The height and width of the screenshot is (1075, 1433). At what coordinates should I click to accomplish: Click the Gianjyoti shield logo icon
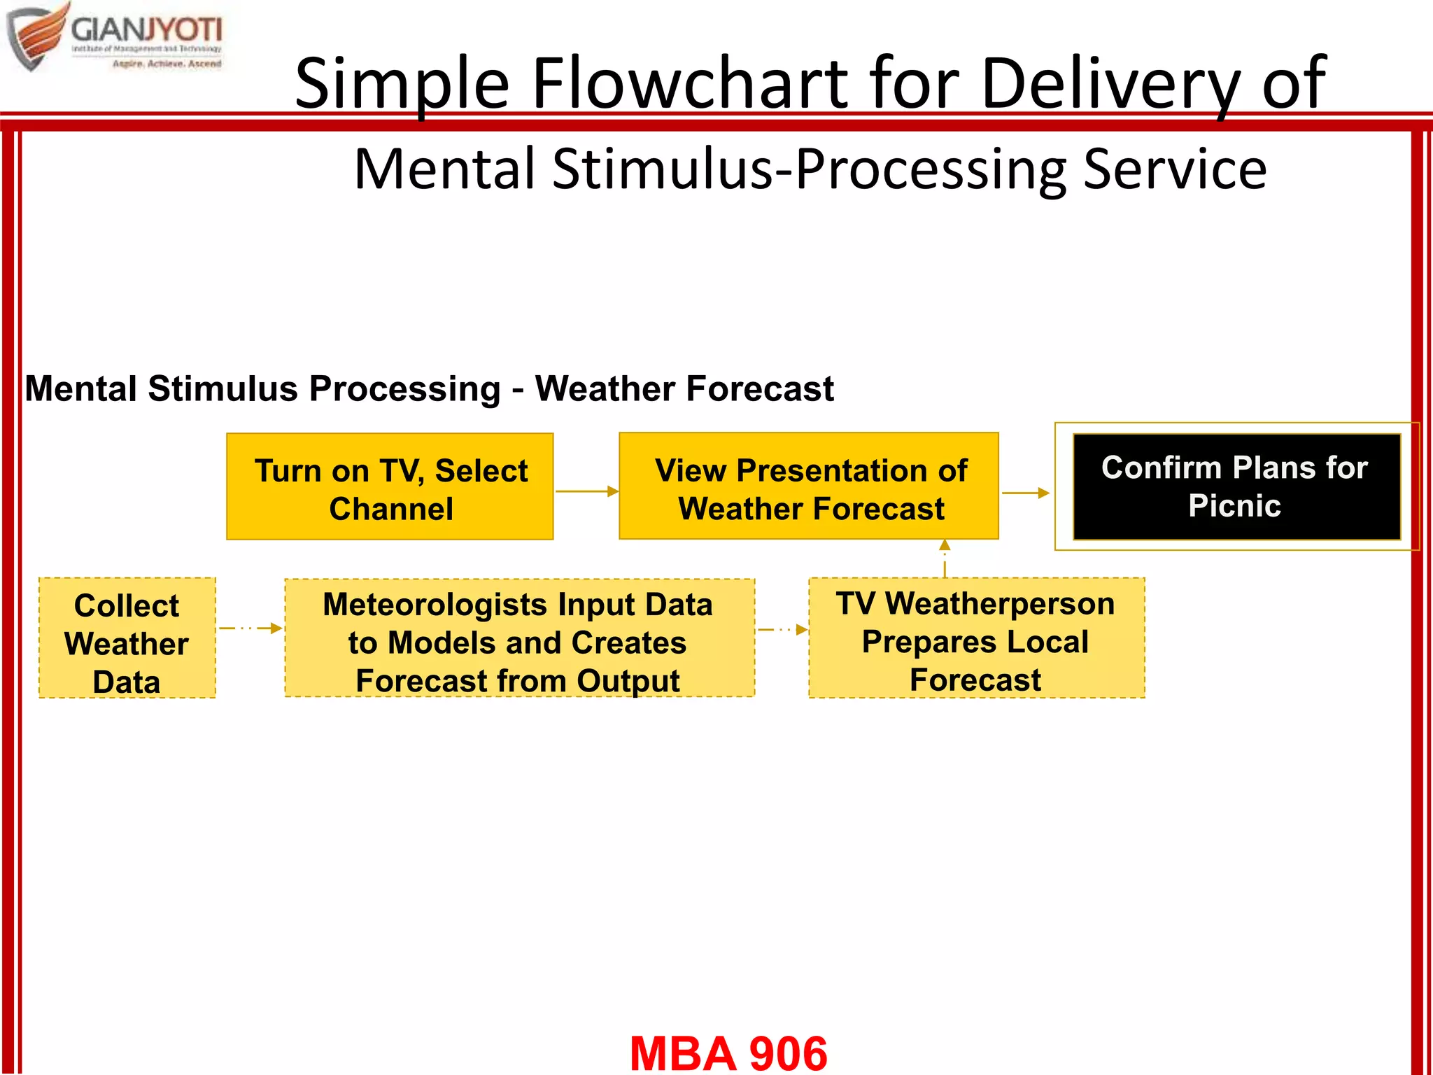36,36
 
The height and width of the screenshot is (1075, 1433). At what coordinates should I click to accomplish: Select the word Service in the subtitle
1175,169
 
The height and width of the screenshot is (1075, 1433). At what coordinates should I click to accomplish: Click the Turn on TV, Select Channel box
390,487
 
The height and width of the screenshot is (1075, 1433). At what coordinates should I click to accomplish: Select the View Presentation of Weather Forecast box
809,487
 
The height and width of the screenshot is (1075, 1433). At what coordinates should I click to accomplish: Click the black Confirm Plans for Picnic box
1236,487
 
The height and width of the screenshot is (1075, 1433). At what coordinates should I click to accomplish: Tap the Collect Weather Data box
127,638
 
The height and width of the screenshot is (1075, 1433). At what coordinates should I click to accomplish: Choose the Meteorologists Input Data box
519,638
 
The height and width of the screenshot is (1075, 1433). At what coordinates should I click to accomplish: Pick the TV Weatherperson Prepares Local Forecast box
976,638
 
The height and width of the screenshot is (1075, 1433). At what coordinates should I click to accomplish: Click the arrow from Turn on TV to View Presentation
586,491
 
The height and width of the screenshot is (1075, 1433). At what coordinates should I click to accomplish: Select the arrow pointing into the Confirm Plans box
1026,493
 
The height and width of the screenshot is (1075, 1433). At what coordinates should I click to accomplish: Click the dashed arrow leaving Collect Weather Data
250,628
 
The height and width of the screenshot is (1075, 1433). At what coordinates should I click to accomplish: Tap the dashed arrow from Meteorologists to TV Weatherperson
782,630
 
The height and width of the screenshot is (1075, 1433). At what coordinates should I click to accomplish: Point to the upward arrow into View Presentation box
945,557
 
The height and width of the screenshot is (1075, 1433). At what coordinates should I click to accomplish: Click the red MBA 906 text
728,1053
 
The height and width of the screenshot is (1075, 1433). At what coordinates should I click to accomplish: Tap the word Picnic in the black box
1235,506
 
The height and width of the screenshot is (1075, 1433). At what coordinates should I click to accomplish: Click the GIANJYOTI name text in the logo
146,30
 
